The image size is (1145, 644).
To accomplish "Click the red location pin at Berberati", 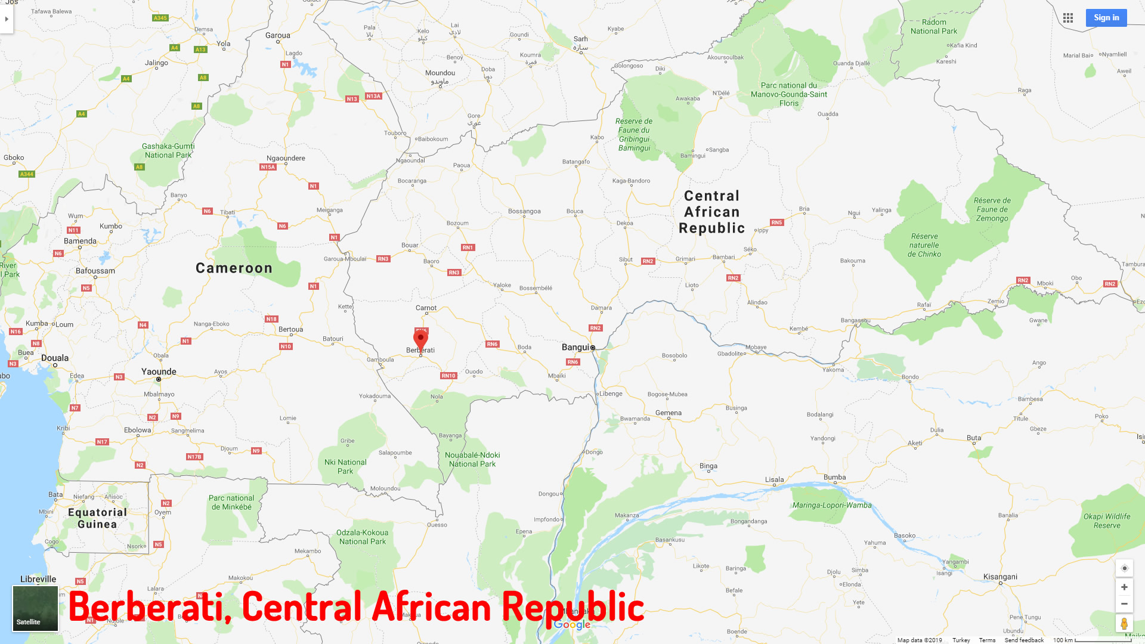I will [x=420, y=339].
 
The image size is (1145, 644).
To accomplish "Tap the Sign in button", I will [x=1106, y=18].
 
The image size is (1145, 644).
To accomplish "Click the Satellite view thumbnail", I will [x=35, y=608].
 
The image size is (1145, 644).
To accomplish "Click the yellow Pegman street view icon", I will [x=1124, y=624].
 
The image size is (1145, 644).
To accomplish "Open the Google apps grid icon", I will [x=1068, y=18].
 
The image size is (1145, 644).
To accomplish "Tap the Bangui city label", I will [x=575, y=347].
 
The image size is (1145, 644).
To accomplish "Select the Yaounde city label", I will [x=159, y=371].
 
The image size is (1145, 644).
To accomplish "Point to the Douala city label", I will [x=55, y=358].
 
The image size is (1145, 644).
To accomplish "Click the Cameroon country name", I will [x=234, y=268].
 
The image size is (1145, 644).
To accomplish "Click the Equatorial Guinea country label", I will [x=97, y=518].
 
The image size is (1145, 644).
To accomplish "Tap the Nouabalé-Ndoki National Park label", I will [x=472, y=459].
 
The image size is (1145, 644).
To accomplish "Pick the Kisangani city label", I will [x=1000, y=577].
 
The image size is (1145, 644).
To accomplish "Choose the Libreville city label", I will [x=38, y=579].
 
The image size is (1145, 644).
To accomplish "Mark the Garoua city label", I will [x=278, y=35].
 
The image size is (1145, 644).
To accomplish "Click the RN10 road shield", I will [x=448, y=376].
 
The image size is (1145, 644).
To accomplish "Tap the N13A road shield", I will [x=373, y=96].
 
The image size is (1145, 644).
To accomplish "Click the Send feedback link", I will [x=1024, y=640].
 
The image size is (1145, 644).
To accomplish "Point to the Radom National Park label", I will [x=934, y=27].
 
